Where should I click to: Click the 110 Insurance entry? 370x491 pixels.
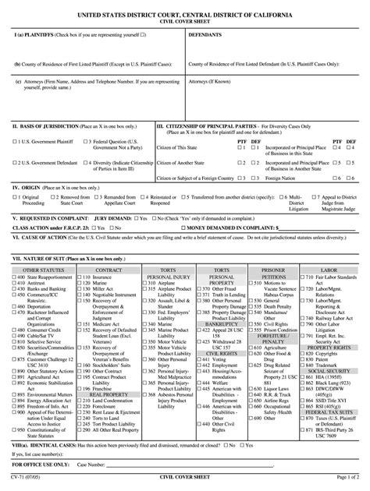click(x=101, y=277)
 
